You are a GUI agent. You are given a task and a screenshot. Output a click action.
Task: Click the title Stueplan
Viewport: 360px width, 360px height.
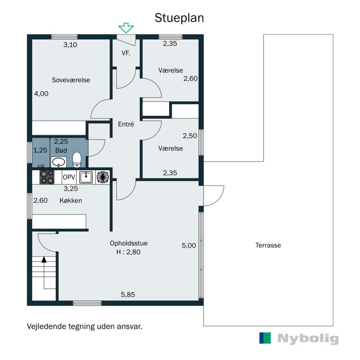tap(180, 18)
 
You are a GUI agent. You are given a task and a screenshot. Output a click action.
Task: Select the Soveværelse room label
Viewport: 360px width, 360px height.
tap(71, 80)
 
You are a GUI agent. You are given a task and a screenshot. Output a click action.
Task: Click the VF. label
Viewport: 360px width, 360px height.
tap(126, 53)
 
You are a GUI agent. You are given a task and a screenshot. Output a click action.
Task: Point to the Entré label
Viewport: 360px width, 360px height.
tap(126, 125)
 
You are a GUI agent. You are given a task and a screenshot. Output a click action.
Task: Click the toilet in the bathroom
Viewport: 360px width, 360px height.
tap(77, 159)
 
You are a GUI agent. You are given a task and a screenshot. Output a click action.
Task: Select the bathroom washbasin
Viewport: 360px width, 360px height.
tap(58, 162)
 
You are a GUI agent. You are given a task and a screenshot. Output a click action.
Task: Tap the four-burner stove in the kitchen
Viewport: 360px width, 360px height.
tap(47, 177)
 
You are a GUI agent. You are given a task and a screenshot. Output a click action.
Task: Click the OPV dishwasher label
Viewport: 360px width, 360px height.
tap(68, 177)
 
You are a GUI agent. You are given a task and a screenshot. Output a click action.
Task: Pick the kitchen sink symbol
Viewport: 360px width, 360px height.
tap(86, 177)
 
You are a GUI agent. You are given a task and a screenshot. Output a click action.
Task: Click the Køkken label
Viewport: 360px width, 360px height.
tap(71, 201)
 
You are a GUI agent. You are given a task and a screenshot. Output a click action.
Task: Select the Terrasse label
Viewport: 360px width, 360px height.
tap(268, 245)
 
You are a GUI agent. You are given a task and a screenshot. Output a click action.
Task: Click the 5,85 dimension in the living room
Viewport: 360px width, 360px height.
tap(128, 295)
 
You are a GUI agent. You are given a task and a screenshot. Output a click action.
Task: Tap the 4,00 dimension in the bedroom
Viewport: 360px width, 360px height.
tap(41, 94)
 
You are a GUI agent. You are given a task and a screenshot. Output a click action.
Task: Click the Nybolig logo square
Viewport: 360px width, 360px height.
tap(265, 338)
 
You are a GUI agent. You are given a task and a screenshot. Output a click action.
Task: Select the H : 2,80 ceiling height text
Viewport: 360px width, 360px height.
tap(128, 252)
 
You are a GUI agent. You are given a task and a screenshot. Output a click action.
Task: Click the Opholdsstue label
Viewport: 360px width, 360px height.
tap(129, 243)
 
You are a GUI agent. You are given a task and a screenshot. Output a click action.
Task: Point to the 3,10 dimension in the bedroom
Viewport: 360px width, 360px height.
tap(70, 45)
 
